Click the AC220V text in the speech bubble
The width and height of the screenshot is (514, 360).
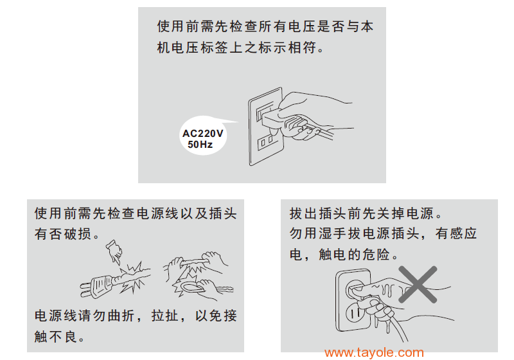[x=202, y=134]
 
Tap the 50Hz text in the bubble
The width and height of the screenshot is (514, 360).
[x=200, y=144]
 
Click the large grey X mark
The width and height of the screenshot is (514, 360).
[x=418, y=284]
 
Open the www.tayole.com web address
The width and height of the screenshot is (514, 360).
[x=374, y=352]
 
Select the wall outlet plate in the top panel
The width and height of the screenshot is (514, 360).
[x=266, y=126]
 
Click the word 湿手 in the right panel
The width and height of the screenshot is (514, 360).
[x=333, y=234]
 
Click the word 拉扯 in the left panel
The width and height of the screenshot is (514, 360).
[x=165, y=316]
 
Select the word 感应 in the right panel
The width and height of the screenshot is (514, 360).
[x=463, y=234]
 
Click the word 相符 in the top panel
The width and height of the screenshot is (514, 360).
[x=302, y=48]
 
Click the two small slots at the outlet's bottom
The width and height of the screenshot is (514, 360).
[x=266, y=142]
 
